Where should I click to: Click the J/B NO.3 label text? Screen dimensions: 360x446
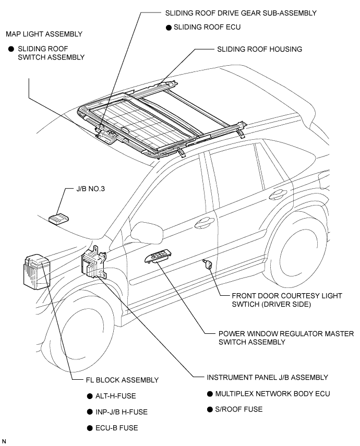(x=90, y=189)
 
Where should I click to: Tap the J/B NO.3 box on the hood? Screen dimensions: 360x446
(x=58, y=219)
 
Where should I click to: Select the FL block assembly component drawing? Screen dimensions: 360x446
(x=37, y=272)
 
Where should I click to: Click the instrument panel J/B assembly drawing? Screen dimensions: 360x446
(x=93, y=263)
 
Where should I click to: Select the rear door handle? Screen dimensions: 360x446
(x=278, y=195)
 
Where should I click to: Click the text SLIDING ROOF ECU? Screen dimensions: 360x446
(x=207, y=27)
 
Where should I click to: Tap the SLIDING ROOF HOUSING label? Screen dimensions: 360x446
(x=259, y=49)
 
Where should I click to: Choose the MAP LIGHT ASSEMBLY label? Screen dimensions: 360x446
(x=44, y=34)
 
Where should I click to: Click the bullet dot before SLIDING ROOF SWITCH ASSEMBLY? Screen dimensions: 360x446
(x=11, y=49)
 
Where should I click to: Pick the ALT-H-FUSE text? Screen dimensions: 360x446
(x=115, y=396)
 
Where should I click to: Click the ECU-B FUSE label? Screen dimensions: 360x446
(x=117, y=428)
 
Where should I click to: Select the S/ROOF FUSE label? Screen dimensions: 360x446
(x=239, y=409)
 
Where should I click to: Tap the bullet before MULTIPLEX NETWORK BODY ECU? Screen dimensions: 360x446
(x=210, y=394)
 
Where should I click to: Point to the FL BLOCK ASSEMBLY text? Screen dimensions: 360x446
(x=122, y=380)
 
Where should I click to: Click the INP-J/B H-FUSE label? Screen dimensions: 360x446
(x=122, y=412)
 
